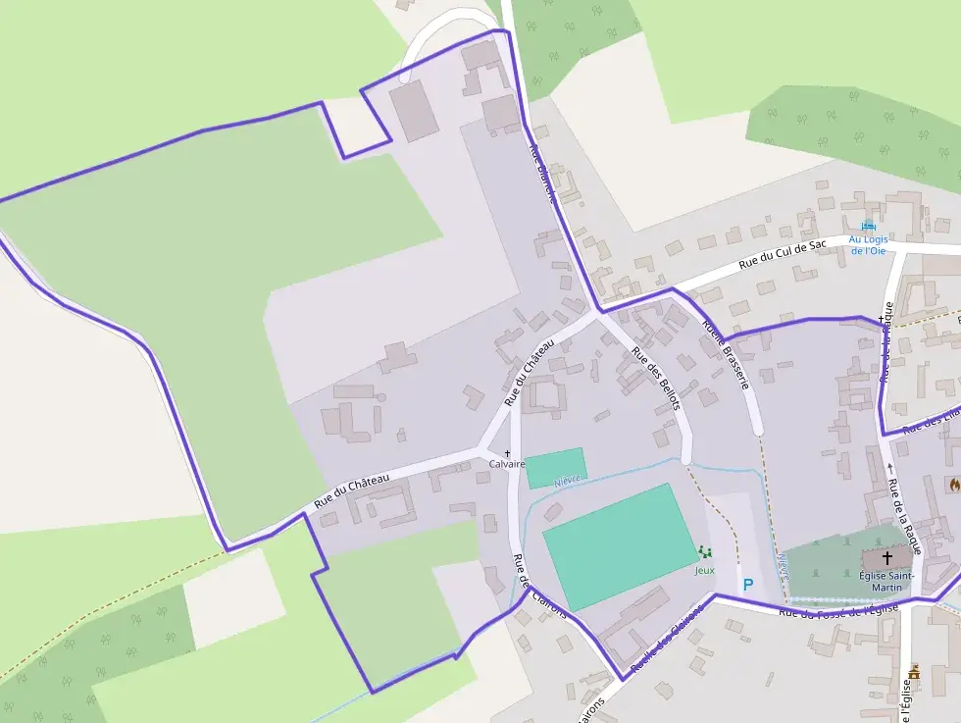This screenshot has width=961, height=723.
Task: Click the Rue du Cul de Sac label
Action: pos(783,254)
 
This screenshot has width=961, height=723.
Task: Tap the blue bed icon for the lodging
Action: pos(867,226)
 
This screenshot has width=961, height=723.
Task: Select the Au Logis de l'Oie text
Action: pos(867,244)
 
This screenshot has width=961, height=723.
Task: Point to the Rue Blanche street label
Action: pos(542,174)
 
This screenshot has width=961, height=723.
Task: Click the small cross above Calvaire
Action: pos(507,453)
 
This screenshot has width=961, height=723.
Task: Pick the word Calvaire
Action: pos(507,464)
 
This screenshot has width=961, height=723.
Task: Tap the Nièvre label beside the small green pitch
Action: pos(568,480)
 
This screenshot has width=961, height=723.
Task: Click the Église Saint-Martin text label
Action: pos(886,581)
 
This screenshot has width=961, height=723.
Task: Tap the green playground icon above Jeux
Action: pos(704,554)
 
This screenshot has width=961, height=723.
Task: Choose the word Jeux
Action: pos(704,569)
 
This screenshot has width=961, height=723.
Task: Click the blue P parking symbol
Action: pos(747,585)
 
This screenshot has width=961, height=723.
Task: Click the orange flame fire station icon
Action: pos(953,484)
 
